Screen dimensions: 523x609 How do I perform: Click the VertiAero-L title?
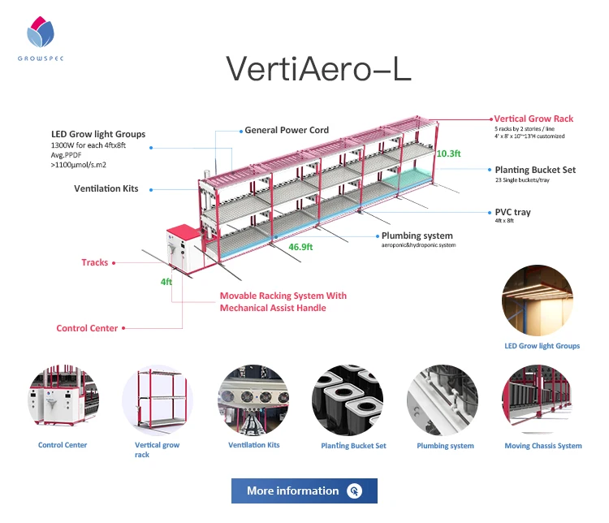318,68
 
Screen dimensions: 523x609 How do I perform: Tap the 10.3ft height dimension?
448,153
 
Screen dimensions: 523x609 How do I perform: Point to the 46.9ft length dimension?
300,244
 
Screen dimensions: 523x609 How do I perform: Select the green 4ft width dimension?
166,281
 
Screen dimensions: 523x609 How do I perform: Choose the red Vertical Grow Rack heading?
533,119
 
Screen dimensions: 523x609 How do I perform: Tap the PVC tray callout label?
512,212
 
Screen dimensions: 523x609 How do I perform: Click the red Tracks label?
95,262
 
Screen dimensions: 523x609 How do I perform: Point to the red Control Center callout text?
87,328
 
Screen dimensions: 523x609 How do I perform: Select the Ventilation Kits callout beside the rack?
106,188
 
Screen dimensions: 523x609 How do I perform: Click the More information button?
304,491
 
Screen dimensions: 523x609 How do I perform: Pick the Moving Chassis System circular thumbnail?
542,400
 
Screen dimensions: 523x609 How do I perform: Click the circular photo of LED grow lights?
542,300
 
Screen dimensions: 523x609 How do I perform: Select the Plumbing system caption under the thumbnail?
445,446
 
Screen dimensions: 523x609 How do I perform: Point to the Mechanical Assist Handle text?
273,308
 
